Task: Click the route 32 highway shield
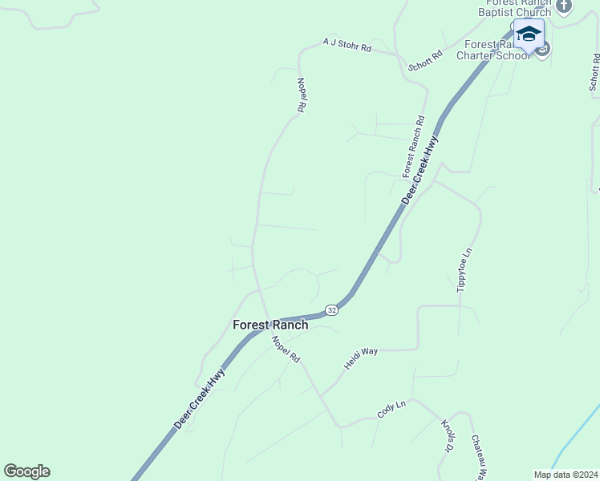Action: click(331, 309)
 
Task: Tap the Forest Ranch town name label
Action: click(270, 325)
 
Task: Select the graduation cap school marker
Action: click(528, 34)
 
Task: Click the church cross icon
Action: click(563, 6)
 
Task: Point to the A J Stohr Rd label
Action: click(347, 44)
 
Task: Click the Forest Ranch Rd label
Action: click(413, 146)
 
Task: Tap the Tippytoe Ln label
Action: click(463, 270)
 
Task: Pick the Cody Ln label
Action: click(392, 411)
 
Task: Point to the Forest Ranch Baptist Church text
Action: click(515, 7)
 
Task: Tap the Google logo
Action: click(26, 471)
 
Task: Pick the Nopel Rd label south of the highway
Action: click(286, 349)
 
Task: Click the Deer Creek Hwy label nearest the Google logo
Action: click(200, 398)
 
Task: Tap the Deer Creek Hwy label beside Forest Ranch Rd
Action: click(420, 170)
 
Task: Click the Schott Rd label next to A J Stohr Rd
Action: click(425, 61)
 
